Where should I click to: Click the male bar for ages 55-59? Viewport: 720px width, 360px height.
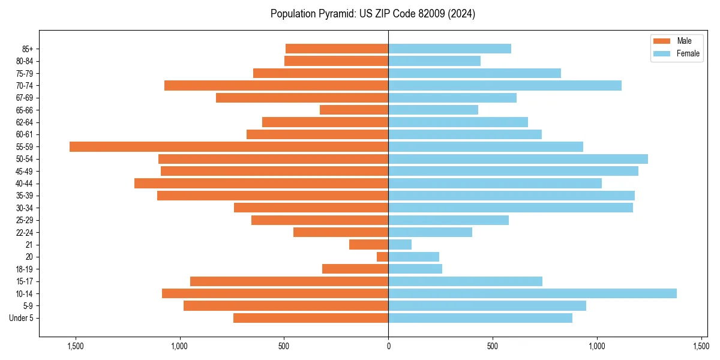[x=229, y=146]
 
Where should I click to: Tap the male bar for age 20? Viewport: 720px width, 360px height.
[x=383, y=257]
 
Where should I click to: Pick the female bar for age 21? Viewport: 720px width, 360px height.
[x=400, y=244]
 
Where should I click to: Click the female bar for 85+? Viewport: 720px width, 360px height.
[x=449, y=49]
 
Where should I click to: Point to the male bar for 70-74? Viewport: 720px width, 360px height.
[x=276, y=85]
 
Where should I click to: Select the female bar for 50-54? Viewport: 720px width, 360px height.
[x=518, y=159]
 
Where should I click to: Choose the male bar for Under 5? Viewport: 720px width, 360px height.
[x=311, y=318]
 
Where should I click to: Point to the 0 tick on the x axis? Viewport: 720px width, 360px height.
[x=388, y=346]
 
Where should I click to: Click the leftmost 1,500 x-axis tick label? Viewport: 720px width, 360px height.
[x=76, y=346]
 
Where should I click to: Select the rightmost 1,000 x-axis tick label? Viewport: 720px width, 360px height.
[x=597, y=346]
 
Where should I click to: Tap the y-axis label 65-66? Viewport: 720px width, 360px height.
[x=25, y=110]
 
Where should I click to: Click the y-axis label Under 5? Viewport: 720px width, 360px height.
[x=22, y=318]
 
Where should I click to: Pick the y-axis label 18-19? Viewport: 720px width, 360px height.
[x=25, y=269]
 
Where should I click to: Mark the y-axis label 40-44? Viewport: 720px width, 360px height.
[x=25, y=183]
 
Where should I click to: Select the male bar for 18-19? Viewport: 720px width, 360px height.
[x=355, y=269]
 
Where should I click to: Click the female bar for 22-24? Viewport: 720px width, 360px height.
[x=430, y=232]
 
